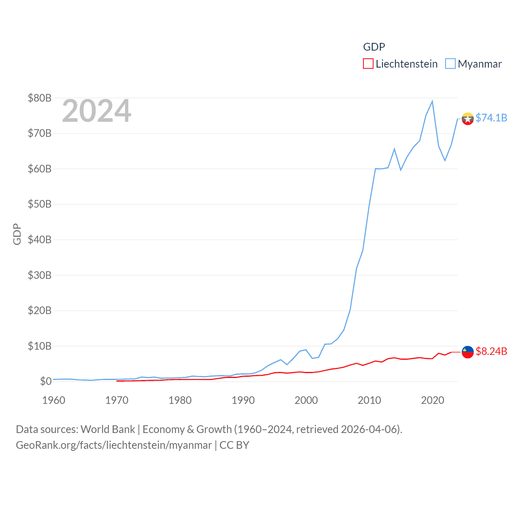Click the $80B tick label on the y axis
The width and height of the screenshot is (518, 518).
(39, 98)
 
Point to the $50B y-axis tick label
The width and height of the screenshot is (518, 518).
(39, 204)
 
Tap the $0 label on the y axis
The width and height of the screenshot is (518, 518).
(46, 381)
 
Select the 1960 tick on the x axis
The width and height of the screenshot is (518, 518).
(54, 400)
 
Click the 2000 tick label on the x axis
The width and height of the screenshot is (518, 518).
(306, 400)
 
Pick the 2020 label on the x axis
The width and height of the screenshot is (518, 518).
(433, 400)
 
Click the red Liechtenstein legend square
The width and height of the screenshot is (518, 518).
(368, 64)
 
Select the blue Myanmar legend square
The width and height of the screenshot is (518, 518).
(450, 64)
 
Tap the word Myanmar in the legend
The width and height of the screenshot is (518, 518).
(480, 64)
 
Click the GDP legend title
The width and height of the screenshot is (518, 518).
(374, 47)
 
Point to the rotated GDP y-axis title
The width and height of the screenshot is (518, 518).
(17, 234)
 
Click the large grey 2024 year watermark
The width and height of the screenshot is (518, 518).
(97, 111)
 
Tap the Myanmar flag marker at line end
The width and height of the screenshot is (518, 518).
(468, 119)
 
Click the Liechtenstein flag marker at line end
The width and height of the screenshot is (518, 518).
(468, 352)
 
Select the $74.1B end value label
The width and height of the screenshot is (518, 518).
(491, 118)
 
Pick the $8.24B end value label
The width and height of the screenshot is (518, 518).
(491, 351)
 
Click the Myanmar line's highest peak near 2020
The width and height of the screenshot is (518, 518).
(432, 101)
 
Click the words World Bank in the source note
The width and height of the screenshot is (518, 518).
(108, 429)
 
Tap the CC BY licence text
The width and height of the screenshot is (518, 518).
(234, 445)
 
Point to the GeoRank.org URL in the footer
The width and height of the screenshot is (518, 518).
(114, 445)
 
